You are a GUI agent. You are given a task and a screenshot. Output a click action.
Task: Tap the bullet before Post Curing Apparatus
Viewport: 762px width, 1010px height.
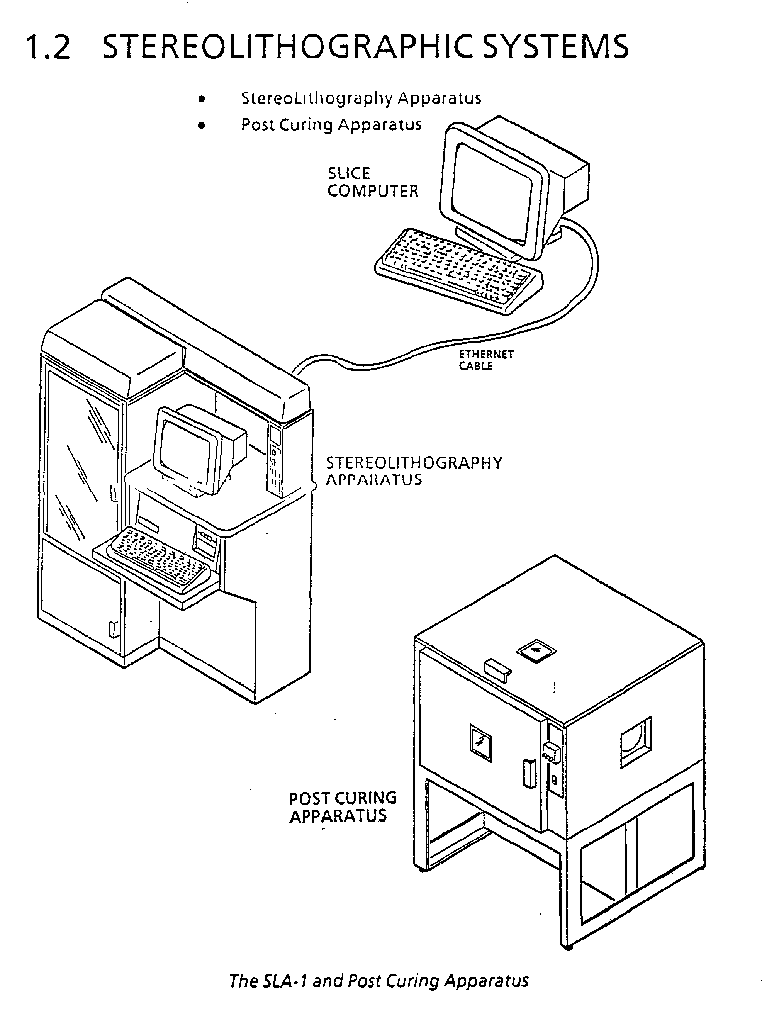pos(201,125)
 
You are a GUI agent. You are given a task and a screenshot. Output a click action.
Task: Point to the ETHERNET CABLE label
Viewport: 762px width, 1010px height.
pos(486,360)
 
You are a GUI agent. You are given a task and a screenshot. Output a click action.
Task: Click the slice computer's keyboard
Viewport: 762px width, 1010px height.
pos(458,271)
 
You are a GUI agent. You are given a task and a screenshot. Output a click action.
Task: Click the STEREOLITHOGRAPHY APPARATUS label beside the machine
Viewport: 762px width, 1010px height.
pos(414,471)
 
